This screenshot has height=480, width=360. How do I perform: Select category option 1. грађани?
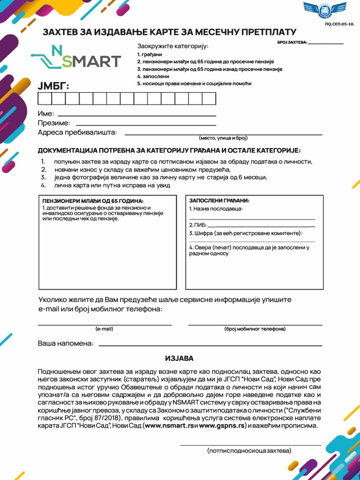tap(150, 54)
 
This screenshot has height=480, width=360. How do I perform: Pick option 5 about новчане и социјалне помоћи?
tap(194, 83)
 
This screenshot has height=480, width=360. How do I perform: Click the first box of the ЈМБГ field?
tap(45, 98)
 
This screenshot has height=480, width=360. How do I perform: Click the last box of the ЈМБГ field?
tap(209, 98)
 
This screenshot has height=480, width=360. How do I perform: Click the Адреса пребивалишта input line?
tap(223, 135)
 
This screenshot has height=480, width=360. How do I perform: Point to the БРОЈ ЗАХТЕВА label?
tap(292, 43)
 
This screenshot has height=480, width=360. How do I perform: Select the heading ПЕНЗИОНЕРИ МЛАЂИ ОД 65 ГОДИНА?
tap(93, 201)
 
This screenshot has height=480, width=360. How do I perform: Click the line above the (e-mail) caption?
tap(105, 324)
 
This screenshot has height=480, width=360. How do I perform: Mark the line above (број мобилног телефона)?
tap(255, 324)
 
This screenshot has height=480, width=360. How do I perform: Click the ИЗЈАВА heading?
tap(179, 359)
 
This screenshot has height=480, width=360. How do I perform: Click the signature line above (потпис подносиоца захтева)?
tap(250, 445)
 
